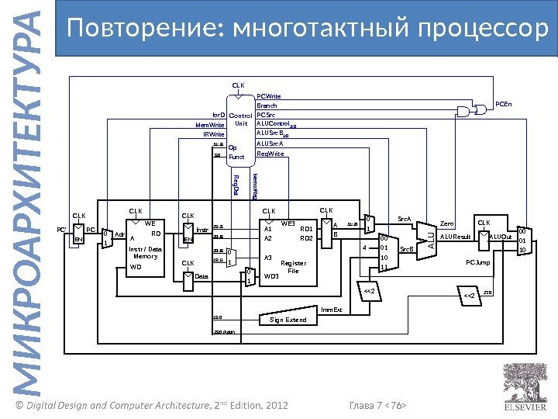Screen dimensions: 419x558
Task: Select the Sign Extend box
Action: click(x=288, y=319)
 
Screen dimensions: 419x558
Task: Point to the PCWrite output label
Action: click(x=269, y=97)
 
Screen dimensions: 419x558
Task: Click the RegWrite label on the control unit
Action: click(x=270, y=154)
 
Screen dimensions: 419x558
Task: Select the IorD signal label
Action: click(x=218, y=114)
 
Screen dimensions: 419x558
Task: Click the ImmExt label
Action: click(x=331, y=310)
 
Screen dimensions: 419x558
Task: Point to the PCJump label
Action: click(x=477, y=263)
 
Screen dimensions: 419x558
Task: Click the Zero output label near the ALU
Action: click(x=447, y=222)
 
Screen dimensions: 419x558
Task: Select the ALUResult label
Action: click(x=456, y=237)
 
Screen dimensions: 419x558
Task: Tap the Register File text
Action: click(x=293, y=267)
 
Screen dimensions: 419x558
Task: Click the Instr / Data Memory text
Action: click(x=146, y=252)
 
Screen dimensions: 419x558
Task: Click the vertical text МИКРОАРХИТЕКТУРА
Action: click(x=29, y=209)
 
